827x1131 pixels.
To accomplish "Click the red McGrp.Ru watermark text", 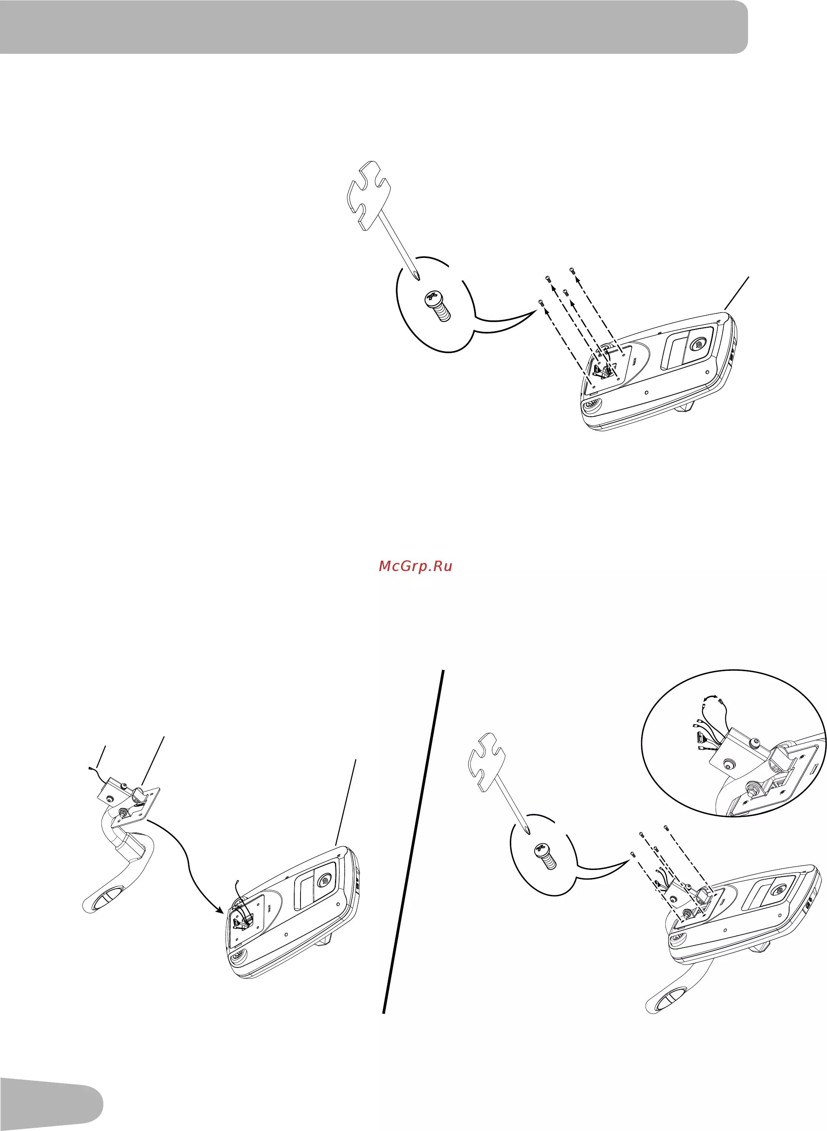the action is [416, 566].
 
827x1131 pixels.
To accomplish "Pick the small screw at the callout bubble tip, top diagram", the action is [541, 303].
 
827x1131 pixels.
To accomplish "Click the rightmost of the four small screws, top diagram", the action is [572, 271].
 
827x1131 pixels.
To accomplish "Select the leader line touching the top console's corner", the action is [737, 293].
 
